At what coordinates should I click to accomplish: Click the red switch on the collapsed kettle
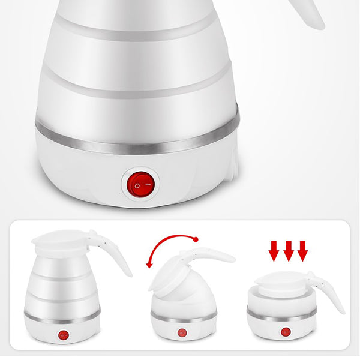pos(286,331)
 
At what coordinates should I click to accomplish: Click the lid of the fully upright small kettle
pos(60,242)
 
